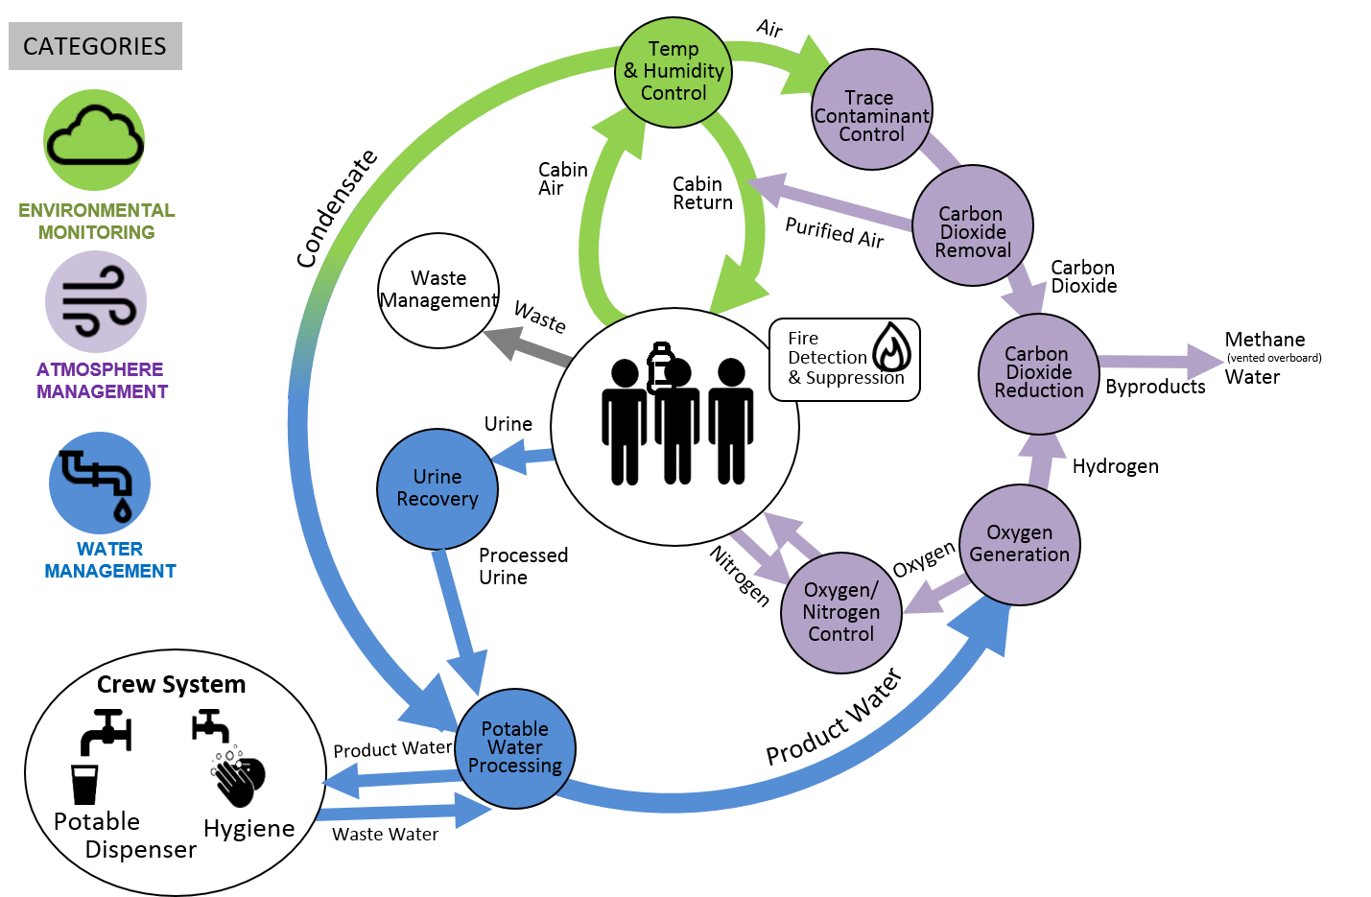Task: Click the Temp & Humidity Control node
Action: click(674, 72)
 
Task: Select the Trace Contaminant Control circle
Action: click(871, 110)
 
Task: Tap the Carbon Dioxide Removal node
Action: click(972, 226)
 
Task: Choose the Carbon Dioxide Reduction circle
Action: click(1038, 373)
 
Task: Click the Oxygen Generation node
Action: click(1019, 545)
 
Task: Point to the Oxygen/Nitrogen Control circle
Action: click(840, 613)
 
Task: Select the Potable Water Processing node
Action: click(515, 748)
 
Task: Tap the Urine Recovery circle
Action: click(437, 488)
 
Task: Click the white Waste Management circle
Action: click(438, 290)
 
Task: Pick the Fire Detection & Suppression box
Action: click(844, 360)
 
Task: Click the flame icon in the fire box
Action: click(892, 346)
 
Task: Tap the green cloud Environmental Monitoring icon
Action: click(94, 140)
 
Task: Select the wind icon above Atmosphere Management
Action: click(96, 301)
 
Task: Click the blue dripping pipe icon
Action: click(100, 483)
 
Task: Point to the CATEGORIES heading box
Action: click(95, 46)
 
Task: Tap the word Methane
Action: click(1264, 340)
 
